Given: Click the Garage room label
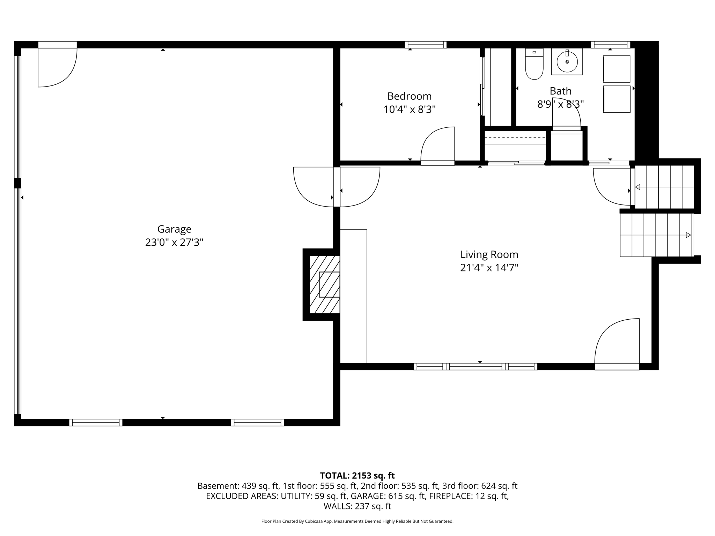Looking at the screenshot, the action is (x=174, y=229).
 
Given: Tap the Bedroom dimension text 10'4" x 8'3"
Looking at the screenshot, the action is (x=410, y=110).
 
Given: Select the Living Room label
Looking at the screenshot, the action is (x=489, y=255).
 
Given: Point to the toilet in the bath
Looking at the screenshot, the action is (x=534, y=64).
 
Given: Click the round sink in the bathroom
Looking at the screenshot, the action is (x=567, y=62).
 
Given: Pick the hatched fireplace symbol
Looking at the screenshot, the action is (x=325, y=284).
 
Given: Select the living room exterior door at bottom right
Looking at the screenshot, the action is (x=617, y=344).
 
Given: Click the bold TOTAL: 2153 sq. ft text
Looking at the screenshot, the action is (x=357, y=476).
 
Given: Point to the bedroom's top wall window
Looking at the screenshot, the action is (x=426, y=45).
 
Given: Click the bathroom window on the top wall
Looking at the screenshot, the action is (x=610, y=45).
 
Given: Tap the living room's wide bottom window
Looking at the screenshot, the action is (x=476, y=366).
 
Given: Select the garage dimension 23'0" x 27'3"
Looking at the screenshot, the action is (x=174, y=243).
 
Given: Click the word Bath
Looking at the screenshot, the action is (x=561, y=91).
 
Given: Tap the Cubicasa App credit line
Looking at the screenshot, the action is (x=357, y=521).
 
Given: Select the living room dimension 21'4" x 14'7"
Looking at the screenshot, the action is (x=489, y=268).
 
